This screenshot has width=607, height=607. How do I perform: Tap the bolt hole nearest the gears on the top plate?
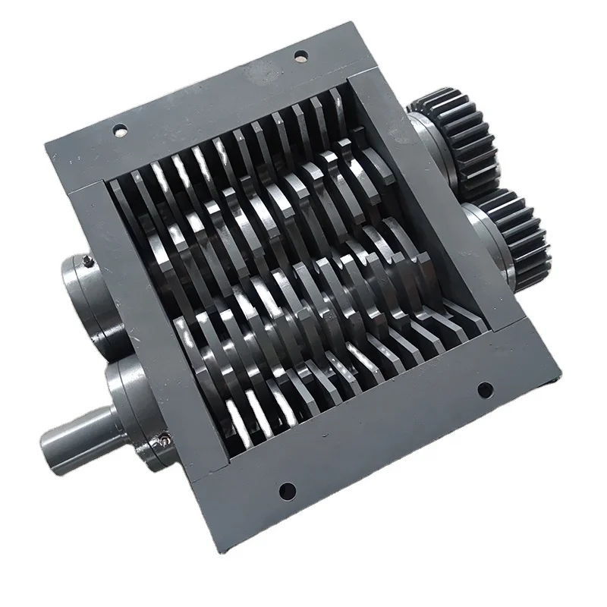coord(300,55)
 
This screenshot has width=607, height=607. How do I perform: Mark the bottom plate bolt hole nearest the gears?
coord(481,390)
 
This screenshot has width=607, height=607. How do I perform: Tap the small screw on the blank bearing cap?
coord(90,260)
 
